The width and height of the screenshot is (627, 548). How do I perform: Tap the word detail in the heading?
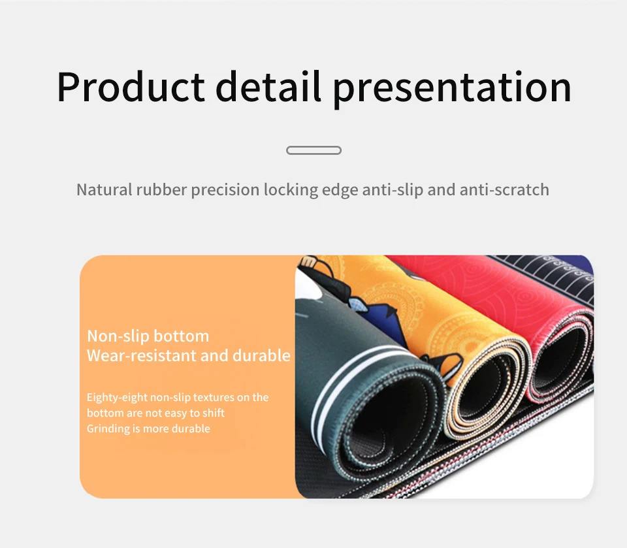(268, 86)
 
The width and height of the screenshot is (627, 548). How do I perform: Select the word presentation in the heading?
(452, 88)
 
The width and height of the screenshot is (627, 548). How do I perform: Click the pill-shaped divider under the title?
(314, 150)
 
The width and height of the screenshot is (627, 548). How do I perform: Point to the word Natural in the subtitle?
(104, 189)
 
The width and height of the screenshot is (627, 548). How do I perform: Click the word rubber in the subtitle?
(161, 189)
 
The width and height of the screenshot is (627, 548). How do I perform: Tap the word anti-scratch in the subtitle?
(504, 189)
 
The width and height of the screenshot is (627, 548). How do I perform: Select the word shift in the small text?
(215, 413)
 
